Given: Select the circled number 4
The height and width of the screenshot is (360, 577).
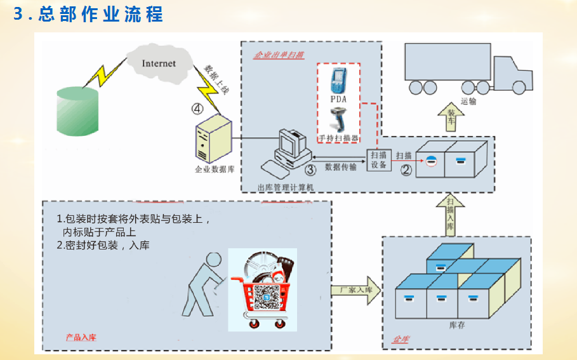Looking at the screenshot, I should click(198, 108).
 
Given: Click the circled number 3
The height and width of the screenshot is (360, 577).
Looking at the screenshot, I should click(310, 170).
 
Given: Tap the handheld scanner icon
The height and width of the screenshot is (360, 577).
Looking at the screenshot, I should click(338, 119).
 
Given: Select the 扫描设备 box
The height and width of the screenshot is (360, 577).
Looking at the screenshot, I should click(378, 160).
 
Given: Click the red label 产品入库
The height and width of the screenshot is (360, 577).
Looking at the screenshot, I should click(81, 337).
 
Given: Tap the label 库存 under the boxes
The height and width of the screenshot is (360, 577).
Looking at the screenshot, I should click(458, 324).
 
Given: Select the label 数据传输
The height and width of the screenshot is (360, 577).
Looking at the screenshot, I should click(340, 167).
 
